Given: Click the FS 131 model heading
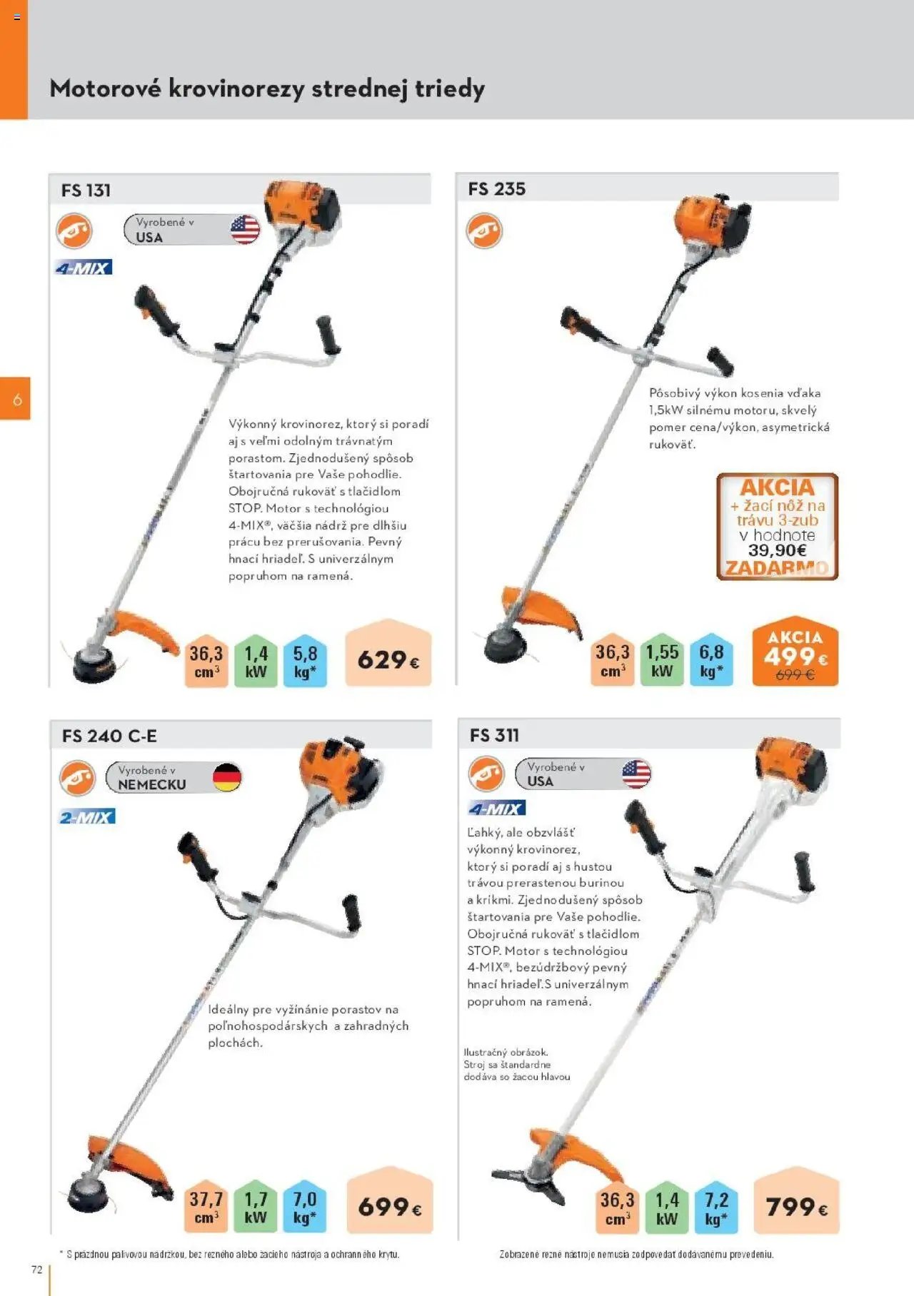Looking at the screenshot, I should click(x=86, y=191).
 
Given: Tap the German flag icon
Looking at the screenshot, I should click(x=227, y=777).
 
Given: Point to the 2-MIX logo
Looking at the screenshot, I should click(x=86, y=817).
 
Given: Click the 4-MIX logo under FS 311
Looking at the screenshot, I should click(x=496, y=809).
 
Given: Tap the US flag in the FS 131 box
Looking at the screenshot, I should click(x=245, y=230).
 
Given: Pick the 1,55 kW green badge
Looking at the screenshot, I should click(x=662, y=660).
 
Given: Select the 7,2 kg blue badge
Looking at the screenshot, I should click(x=715, y=1208).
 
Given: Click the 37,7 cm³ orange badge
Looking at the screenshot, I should click(x=206, y=1208).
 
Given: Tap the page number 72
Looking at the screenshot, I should click(x=37, y=1270).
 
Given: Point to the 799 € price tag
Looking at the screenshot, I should click(x=796, y=1206).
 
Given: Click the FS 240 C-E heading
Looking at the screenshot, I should click(x=109, y=736).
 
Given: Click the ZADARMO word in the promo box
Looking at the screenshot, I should click(x=777, y=568).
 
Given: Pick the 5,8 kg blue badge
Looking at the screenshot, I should click(x=305, y=661).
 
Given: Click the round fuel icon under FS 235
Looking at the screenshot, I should click(x=485, y=231).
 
